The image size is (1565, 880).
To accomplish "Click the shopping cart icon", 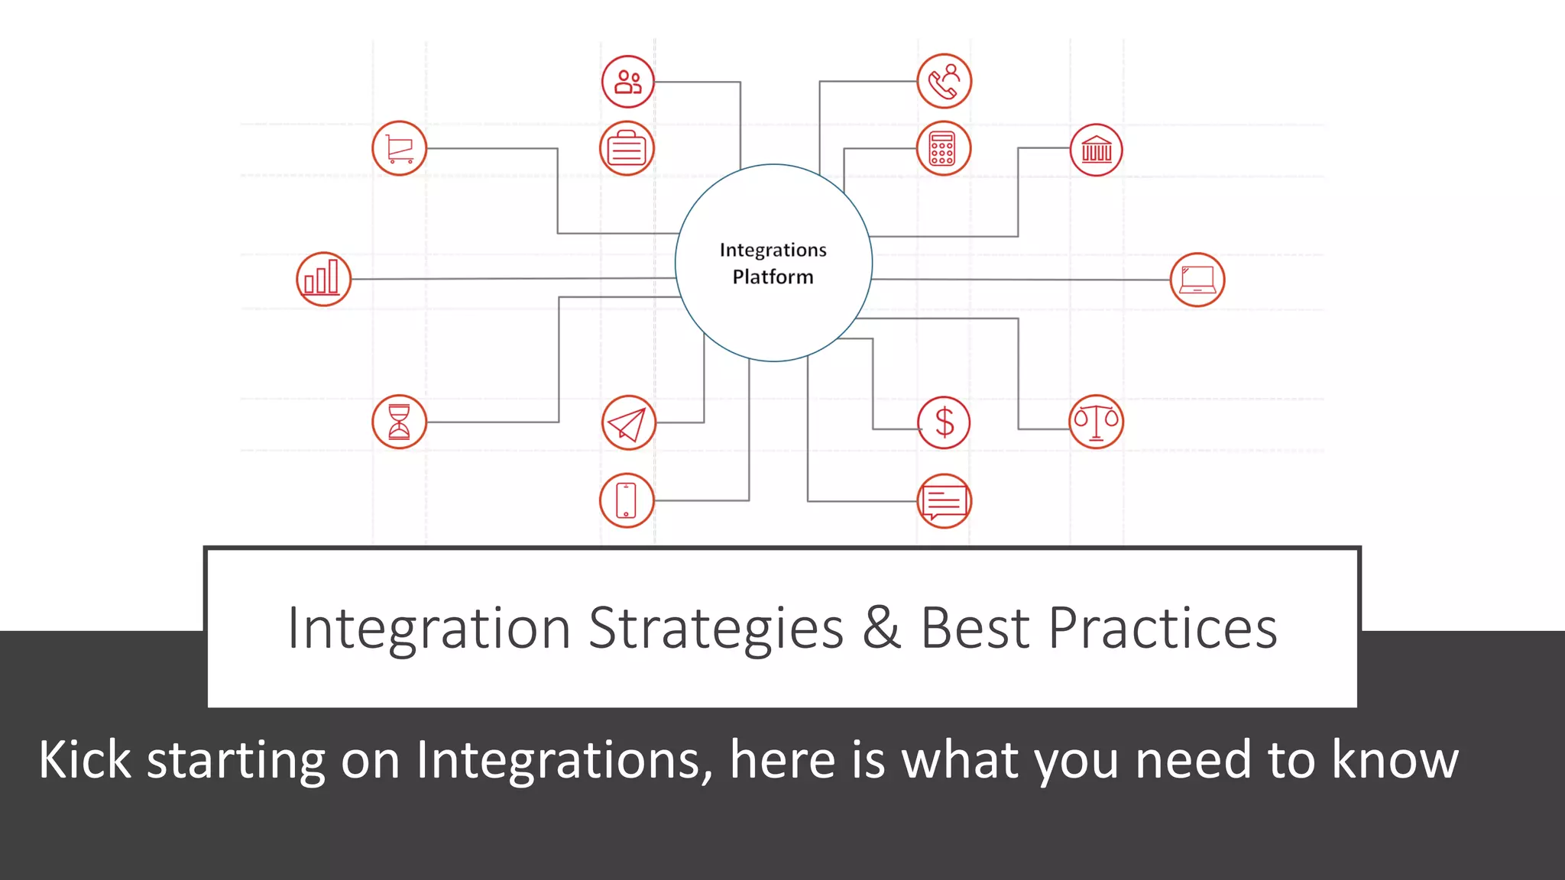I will pos(400,148).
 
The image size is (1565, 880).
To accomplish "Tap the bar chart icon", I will pos(323,279).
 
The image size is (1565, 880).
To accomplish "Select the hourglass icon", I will pos(400,422).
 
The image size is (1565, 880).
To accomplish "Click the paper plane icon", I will pos(628,422).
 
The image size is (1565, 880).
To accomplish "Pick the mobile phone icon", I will pos(627,500).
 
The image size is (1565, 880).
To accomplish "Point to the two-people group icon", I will pos(628,81).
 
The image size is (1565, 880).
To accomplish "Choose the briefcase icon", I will pos(627,148).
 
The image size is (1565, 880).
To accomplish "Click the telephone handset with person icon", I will pos(945,81).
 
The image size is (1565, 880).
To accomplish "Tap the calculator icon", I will pos(944,148).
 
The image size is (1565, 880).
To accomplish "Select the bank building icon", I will pos(1097,150).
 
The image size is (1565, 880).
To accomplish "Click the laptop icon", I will pos(1197,280).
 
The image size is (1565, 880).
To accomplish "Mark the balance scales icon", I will pos(1096,422).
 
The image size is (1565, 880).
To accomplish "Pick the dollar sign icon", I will pos(945,422).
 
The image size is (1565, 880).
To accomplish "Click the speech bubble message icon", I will pos(945,501).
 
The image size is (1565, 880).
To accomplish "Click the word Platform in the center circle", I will pos(773,277).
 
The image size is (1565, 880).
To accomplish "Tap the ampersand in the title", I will pos(882,628).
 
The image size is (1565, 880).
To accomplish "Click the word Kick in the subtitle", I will pos(85,760).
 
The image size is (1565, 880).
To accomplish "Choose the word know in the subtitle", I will pos(1395,760).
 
